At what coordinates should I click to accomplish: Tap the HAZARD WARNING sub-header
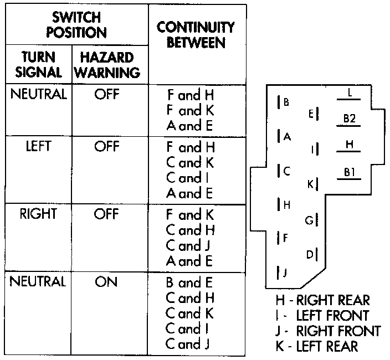click(x=107, y=64)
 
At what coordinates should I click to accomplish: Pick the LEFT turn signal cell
click(x=38, y=147)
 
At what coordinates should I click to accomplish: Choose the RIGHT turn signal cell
click(x=38, y=214)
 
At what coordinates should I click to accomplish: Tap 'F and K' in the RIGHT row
click(x=189, y=214)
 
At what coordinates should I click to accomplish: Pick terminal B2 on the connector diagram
click(x=349, y=118)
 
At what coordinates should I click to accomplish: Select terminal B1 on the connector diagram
click(x=349, y=172)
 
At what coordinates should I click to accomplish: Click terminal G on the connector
click(x=310, y=220)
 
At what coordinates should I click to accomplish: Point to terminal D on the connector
click(x=310, y=254)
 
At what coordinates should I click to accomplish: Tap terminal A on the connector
click(x=285, y=136)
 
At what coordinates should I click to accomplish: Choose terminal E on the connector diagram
click(x=311, y=114)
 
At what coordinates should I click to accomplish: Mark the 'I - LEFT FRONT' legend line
click(x=322, y=316)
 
